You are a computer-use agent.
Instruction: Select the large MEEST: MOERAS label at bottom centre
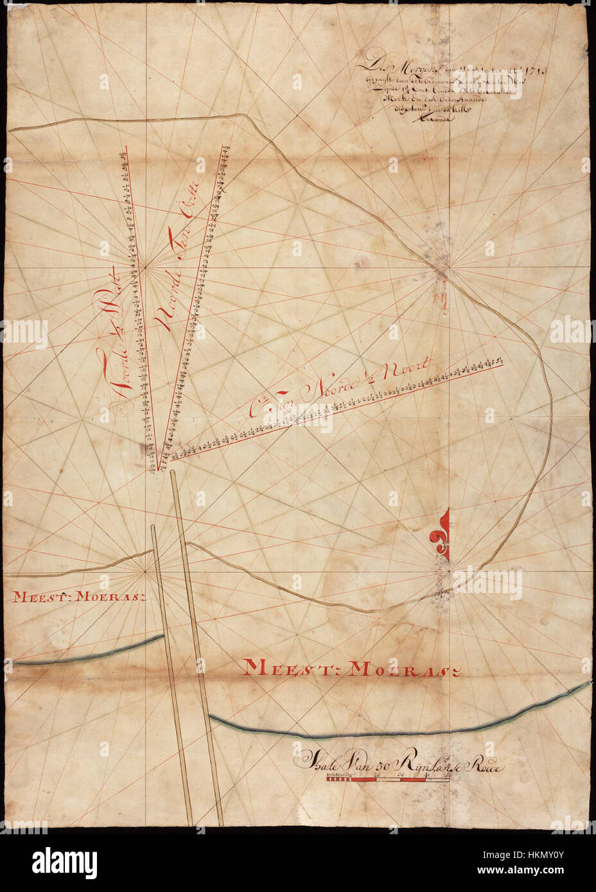(354, 669)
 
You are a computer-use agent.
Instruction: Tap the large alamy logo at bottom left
(56, 860)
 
